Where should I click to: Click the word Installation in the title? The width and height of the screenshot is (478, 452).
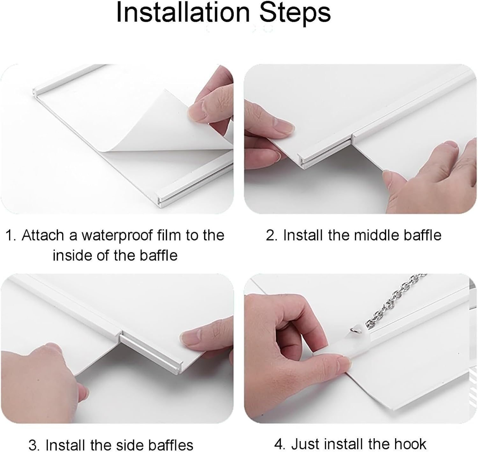point(183,13)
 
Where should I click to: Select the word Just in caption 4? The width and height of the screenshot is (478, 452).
point(306,444)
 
